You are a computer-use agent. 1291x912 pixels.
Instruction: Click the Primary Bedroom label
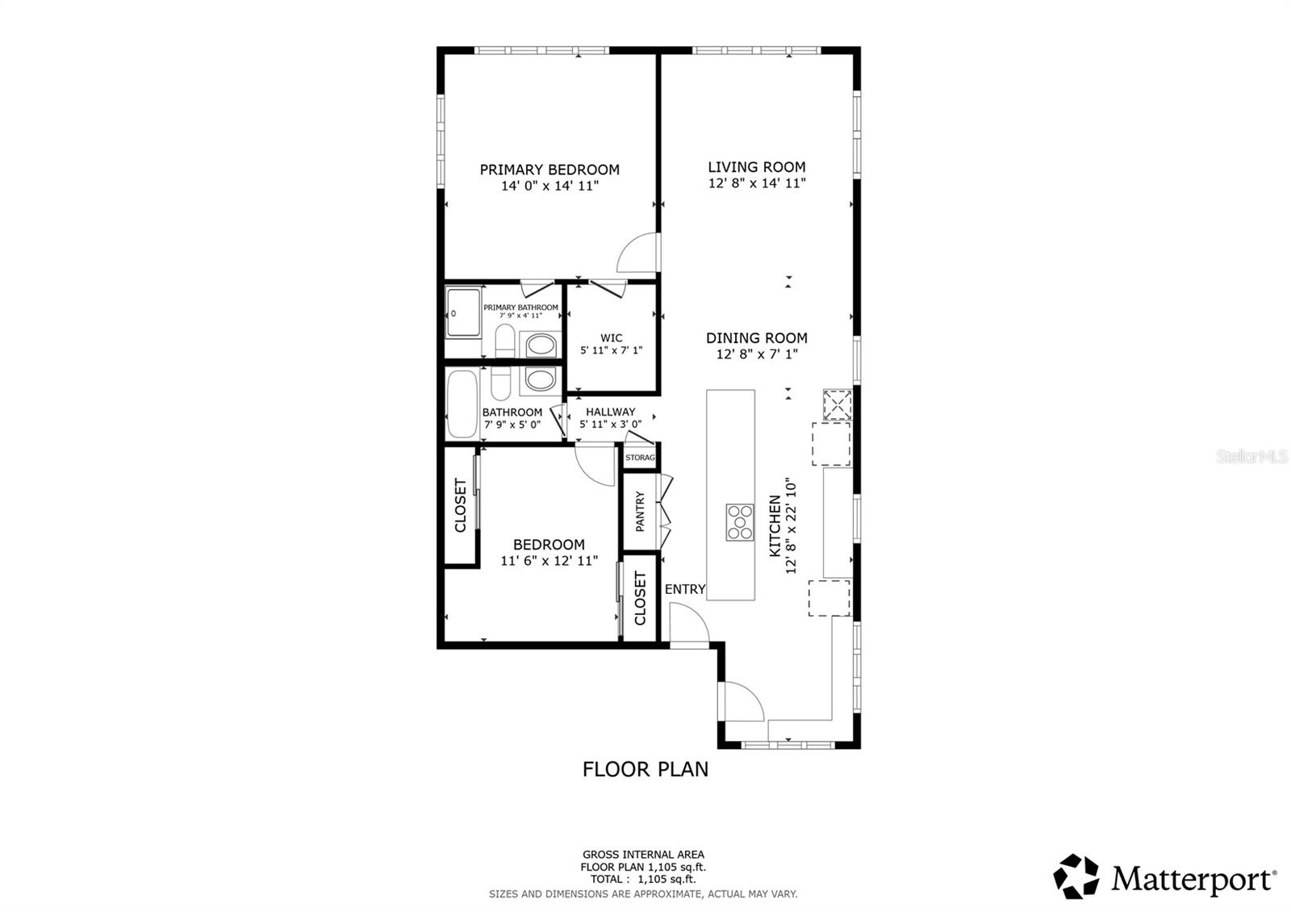pyautogui.click(x=549, y=169)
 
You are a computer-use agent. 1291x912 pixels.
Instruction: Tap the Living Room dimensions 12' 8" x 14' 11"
pyautogui.click(x=757, y=183)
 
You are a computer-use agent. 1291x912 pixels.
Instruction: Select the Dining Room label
pyautogui.click(x=757, y=338)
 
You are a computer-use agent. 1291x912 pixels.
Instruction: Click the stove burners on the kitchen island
pyautogui.click(x=739, y=521)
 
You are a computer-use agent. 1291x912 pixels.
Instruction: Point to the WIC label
pyautogui.click(x=612, y=338)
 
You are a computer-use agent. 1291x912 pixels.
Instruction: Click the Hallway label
pyautogui.click(x=611, y=412)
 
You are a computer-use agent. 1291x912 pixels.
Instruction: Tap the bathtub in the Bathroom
pyautogui.click(x=462, y=404)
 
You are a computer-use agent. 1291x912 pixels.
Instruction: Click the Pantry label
pyautogui.click(x=641, y=512)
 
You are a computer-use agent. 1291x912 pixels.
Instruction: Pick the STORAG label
pyautogui.click(x=641, y=458)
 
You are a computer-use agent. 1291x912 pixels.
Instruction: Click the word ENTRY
pyautogui.click(x=685, y=589)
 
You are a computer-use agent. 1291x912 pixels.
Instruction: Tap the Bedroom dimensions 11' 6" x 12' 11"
pyautogui.click(x=549, y=560)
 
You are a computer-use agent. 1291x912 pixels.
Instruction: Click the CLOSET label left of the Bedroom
pyautogui.click(x=461, y=506)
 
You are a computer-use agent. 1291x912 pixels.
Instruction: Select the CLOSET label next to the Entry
pyautogui.click(x=641, y=599)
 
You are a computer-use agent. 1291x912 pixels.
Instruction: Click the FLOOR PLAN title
pyautogui.click(x=645, y=769)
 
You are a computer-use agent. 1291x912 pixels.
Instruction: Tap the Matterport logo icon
pyautogui.click(x=1076, y=876)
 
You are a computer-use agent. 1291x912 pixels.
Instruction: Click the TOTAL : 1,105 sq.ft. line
pyautogui.click(x=643, y=879)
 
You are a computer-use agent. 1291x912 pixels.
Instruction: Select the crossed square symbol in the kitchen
pyautogui.click(x=837, y=405)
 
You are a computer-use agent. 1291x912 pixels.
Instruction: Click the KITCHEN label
pyautogui.click(x=775, y=526)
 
